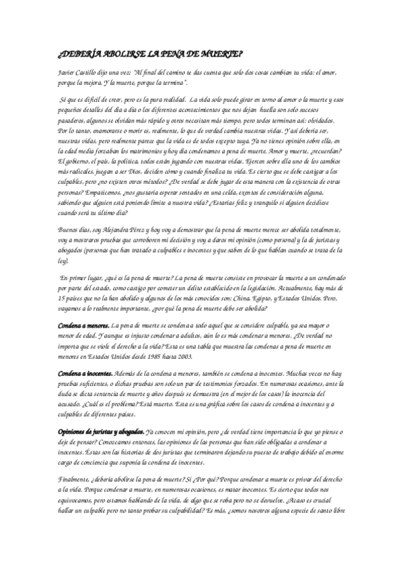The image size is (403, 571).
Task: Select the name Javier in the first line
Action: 67,71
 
